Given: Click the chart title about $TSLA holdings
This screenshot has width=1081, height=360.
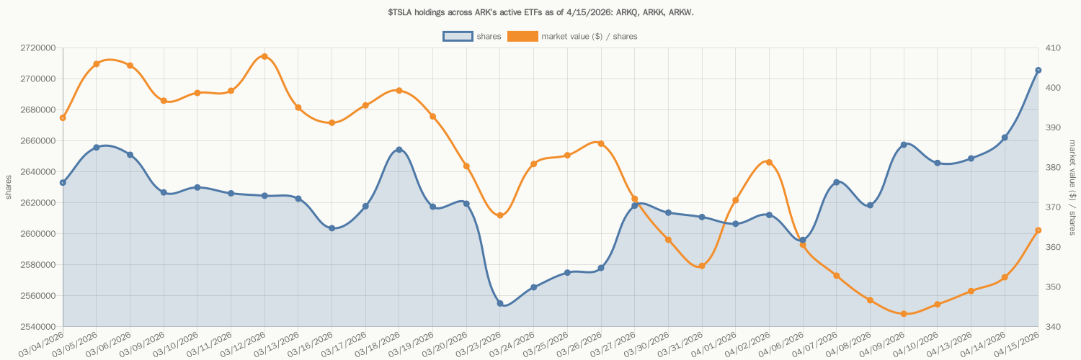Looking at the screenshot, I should [x=540, y=12].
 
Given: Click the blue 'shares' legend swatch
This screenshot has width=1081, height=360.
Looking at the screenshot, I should [x=458, y=36].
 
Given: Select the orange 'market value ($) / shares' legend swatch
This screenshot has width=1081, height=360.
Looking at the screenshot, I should [x=522, y=36].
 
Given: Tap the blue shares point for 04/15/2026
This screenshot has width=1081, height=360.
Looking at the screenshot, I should [x=1038, y=71].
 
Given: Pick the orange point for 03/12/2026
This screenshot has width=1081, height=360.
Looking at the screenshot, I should [x=264, y=56].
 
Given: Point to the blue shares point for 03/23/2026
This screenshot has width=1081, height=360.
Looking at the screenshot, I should [x=500, y=304].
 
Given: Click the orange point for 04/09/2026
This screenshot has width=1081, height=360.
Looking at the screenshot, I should [x=904, y=314].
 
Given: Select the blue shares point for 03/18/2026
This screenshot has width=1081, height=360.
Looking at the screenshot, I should [x=399, y=150].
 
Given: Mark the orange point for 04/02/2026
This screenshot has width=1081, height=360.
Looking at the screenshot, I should [x=769, y=162].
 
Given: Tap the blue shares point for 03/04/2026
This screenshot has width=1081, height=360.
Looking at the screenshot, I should [x=63, y=183].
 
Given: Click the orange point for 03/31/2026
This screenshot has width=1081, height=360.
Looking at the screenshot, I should [x=702, y=266].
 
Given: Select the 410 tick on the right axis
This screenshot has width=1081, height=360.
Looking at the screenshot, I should [x=1053, y=48].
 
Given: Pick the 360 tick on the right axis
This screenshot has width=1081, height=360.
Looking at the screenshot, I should [x=1053, y=247].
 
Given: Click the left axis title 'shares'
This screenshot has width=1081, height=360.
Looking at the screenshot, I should [x=9, y=187].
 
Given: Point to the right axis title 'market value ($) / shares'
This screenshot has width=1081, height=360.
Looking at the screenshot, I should [x=1072, y=187].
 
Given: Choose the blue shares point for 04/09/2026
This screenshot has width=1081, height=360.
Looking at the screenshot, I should [x=904, y=145].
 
